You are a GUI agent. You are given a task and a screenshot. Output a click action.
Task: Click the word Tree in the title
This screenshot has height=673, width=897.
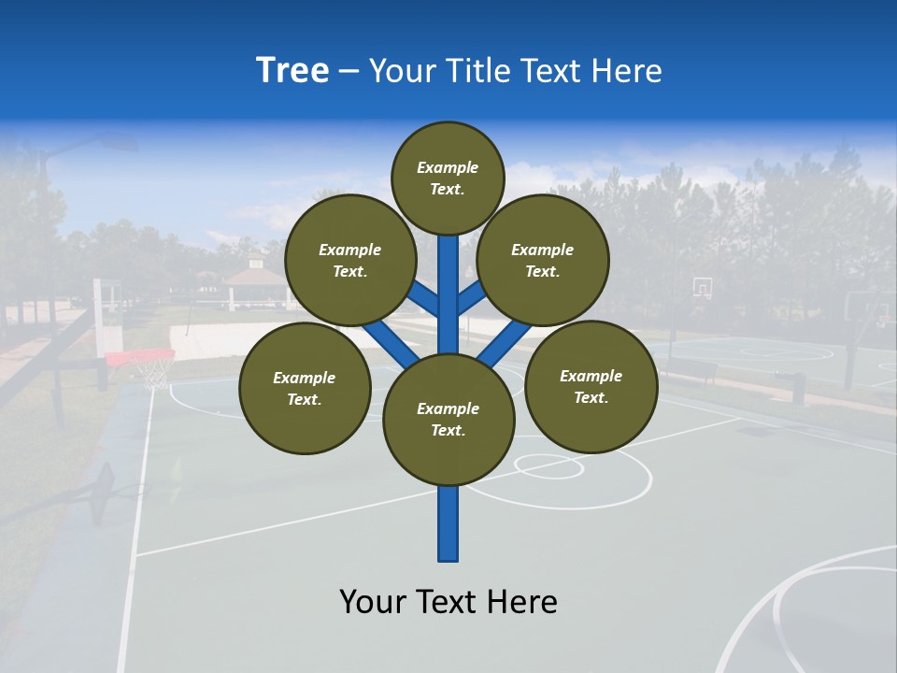tap(292, 70)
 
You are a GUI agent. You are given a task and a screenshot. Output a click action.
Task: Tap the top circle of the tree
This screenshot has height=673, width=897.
tap(448, 178)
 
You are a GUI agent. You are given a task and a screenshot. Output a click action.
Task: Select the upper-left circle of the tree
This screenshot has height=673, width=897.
tap(349, 260)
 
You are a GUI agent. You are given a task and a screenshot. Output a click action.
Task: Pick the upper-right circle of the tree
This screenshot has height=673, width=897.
tap(542, 260)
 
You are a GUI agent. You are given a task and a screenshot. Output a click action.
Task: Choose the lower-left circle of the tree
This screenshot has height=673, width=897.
tap(305, 388)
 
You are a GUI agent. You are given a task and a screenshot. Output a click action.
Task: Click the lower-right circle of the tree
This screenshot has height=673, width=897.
tap(591, 386)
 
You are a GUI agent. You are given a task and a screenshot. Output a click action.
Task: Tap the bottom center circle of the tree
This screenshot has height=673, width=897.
tap(448, 420)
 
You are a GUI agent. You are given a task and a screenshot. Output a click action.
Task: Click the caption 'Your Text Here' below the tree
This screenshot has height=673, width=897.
tap(448, 602)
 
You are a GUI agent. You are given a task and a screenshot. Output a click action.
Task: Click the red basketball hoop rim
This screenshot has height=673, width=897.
tap(140, 356)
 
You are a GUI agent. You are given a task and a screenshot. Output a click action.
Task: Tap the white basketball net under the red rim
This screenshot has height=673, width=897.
tap(154, 373)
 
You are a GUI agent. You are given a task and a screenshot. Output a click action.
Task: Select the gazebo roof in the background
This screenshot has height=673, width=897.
tap(254, 272)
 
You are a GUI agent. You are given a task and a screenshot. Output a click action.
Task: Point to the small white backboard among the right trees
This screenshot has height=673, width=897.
tap(702, 287)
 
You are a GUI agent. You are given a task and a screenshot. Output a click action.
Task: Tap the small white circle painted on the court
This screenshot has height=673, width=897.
tap(548, 465)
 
